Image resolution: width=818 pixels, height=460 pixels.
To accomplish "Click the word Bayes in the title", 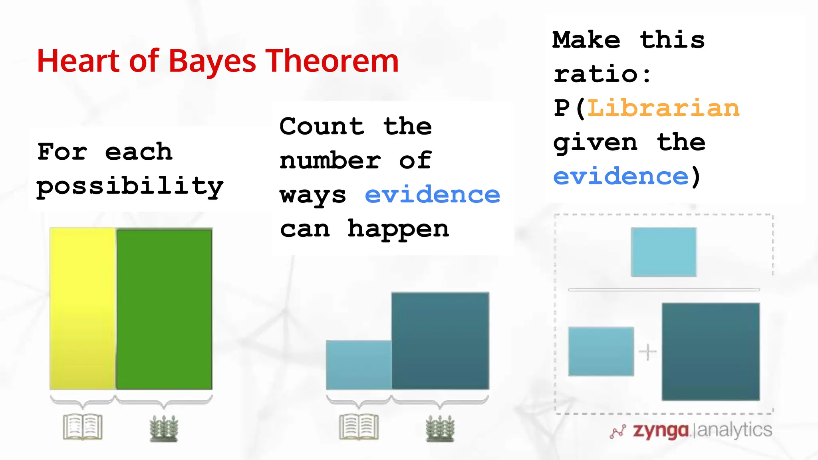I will [x=212, y=62].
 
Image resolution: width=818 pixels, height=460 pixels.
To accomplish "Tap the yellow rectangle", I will [x=83, y=308].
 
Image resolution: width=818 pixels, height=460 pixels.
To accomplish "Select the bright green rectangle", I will [x=164, y=308].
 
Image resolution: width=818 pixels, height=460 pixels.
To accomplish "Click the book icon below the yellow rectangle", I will [x=83, y=427].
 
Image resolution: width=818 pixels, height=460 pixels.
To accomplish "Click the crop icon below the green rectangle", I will [x=164, y=428].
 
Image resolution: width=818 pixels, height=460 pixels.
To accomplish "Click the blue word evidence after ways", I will [x=432, y=195].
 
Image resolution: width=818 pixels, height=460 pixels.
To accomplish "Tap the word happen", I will [x=398, y=229].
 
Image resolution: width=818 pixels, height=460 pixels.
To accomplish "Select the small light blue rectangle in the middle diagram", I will [x=358, y=365].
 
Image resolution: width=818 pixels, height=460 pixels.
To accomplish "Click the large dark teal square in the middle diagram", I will [x=440, y=341].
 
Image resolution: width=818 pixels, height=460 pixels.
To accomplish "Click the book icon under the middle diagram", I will [x=359, y=427].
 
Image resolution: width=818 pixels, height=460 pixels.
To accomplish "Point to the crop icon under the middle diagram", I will [x=440, y=428].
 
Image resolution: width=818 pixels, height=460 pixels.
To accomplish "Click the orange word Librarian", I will [x=663, y=108].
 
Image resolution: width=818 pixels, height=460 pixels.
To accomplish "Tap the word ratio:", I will [x=602, y=74].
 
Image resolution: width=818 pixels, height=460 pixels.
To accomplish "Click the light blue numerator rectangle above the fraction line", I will [x=663, y=252].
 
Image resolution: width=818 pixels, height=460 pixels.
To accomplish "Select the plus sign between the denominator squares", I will [x=647, y=352].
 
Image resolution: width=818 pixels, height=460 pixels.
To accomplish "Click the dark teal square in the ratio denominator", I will [x=711, y=351].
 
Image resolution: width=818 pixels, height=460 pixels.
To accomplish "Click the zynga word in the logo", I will [x=661, y=430].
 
